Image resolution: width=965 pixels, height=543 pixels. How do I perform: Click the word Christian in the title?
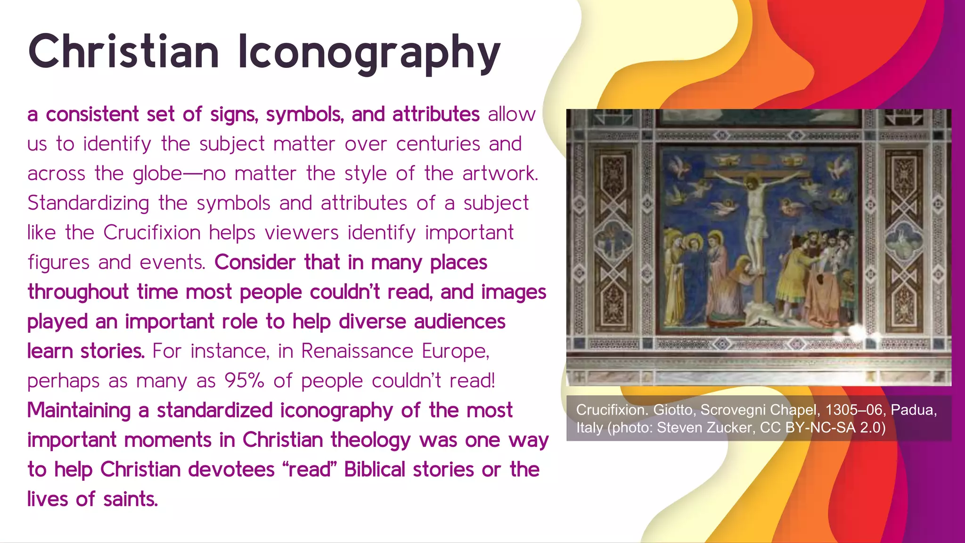point(123,52)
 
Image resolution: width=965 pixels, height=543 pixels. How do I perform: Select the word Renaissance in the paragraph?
point(357,351)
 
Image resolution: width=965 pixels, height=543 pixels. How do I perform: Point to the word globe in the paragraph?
point(157,174)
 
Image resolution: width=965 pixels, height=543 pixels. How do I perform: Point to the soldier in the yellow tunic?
point(792,273)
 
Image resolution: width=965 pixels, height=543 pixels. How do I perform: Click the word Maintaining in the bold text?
point(79,411)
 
